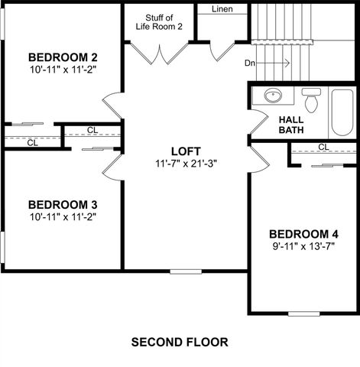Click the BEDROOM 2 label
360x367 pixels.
tap(63, 57)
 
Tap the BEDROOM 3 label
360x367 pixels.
tap(63, 204)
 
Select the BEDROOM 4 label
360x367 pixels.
tap(303, 233)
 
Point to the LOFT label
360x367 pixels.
tap(186, 150)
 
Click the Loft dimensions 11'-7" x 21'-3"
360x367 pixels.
tap(186, 162)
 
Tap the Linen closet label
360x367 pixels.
tap(222, 9)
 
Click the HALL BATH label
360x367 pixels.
tap(290, 125)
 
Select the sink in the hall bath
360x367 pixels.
tap(273, 97)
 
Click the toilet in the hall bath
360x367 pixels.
tap(310, 99)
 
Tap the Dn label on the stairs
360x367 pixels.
tap(250, 63)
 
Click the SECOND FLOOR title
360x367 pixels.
tap(180, 341)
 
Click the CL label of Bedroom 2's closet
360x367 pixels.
tap(32, 141)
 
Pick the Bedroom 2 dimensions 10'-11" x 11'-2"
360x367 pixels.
tap(63, 69)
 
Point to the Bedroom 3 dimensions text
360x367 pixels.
tap(63, 216)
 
